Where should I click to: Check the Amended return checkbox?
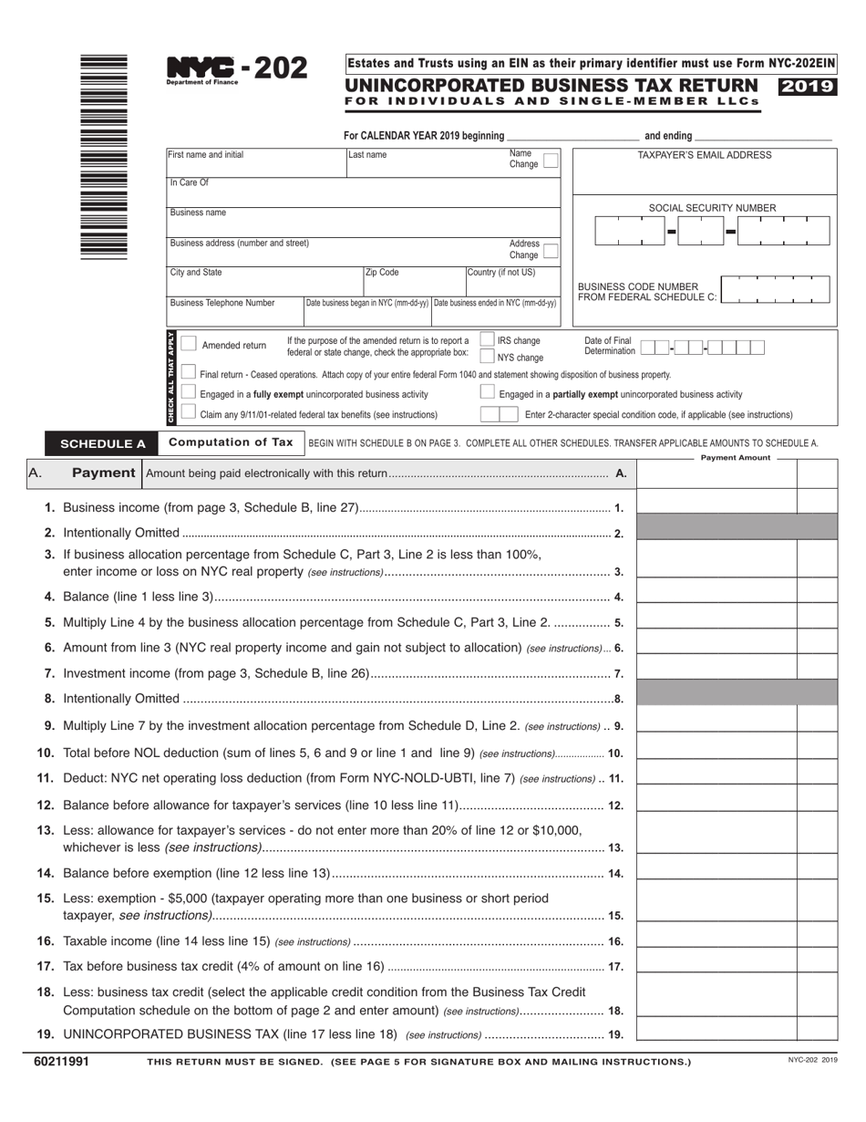[189, 344]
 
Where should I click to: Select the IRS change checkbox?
[488, 340]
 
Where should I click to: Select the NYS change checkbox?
[488, 357]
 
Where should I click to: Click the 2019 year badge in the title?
[807, 88]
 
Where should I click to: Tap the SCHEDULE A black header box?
[103, 444]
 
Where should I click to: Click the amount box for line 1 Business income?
[717, 507]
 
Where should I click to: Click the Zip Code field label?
[382, 273]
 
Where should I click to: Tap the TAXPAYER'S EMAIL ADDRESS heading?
[704, 155]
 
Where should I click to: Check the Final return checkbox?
[189, 372]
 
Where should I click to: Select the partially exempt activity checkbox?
[488, 392]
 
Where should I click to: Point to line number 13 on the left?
[46, 830]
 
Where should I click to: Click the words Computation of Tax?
[232, 442]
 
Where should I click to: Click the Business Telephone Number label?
[222, 303]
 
